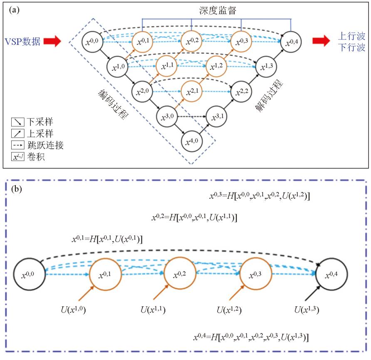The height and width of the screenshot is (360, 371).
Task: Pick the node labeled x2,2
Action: (x=241, y=90)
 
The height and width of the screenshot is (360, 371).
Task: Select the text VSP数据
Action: (x=23, y=41)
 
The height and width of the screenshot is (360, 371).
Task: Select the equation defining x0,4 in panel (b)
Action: (x=251, y=337)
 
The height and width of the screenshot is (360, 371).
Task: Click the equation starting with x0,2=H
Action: (x=195, y=217)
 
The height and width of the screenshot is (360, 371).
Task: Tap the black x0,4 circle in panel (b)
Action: (x=331, y=275)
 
